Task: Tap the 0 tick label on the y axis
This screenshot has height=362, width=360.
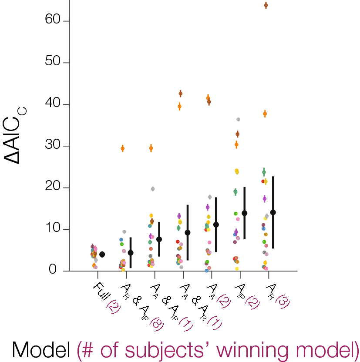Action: pyautogui.click(x=53, y=271)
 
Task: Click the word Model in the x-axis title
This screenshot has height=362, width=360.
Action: pyautogui.click(x=41, y=350)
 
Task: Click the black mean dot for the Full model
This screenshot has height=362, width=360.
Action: pyautogui.click(x=102, y=254)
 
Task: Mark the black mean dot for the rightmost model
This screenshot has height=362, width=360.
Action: pyautogui.click(x=273, y=212)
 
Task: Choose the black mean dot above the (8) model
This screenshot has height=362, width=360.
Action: pyautogui.click(x=131, y=253)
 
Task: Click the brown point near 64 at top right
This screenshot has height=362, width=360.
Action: pyautogui.click(x=266, y=5)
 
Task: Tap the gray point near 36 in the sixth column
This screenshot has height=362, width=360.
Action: pyautogui.click(x=238, y=119)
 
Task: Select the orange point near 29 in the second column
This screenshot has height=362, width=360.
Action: pyautogui.click(x=123, y=148)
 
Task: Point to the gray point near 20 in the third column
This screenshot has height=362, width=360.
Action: pyautogui.click(x=153, y=189)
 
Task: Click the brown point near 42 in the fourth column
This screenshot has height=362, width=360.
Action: pyautogui.click(x=181, y=94)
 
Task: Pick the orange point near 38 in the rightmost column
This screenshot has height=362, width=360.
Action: pyautogui.click(x=265, y=114)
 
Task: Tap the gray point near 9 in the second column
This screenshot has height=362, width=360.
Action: pyautogui.click(x=124, y=232)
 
